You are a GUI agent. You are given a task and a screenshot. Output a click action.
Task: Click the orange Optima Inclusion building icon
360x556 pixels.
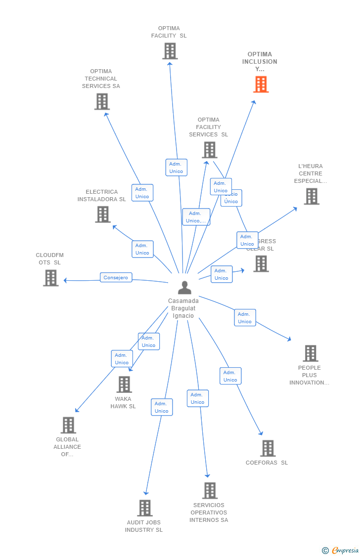tap(261, 85)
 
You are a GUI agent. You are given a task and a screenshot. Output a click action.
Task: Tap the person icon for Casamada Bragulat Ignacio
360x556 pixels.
tap(184, 288)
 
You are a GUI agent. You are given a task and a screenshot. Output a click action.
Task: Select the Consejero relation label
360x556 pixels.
tap(116, 278)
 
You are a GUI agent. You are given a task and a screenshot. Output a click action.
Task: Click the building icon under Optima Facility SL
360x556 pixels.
tap(170, 51)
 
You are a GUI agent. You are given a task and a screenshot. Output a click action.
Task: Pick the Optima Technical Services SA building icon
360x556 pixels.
tap(102, 101)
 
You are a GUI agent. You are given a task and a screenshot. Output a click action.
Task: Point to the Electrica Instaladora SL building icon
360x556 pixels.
tap(103, 214)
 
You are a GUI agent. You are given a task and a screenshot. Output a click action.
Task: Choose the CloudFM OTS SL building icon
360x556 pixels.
tap(50, 278)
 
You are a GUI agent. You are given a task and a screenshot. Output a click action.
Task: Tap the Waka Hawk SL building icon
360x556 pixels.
tap(124, 385)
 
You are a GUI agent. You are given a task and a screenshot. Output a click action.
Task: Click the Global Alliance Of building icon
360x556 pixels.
tap(68, 425)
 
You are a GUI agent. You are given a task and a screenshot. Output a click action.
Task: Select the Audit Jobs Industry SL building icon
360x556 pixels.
tap(144, 508)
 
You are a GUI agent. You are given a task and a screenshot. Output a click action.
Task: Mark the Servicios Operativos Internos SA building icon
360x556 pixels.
tap(210, 490)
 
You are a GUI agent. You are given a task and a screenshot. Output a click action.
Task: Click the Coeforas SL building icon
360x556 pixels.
tap(268, 448)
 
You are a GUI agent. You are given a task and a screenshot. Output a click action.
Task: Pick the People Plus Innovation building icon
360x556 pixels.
tap(310, 353)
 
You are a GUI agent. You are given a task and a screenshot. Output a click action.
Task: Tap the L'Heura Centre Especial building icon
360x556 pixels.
tap(311, 196)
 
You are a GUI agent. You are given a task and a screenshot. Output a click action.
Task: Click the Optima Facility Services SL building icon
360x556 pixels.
tap(209, 150)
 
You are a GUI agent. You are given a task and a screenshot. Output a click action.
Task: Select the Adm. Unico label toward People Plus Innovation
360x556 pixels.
tap(245, 318)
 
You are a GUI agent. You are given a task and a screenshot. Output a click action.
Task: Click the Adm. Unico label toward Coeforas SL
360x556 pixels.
tap(230, 376)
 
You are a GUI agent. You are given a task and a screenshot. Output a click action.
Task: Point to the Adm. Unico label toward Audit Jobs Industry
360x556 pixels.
tap(162, 407)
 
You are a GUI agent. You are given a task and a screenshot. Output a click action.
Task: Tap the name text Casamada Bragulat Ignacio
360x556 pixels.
tap(183, 308)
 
